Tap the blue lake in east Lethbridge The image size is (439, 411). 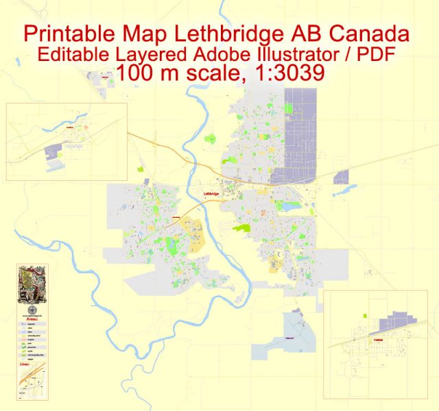click(x=292, y=206)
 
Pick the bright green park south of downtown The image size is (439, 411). click(x=242, y=227)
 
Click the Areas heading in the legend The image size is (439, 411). click(x=32, y=319)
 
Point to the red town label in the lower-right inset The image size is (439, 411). click(x=379, y=340)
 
